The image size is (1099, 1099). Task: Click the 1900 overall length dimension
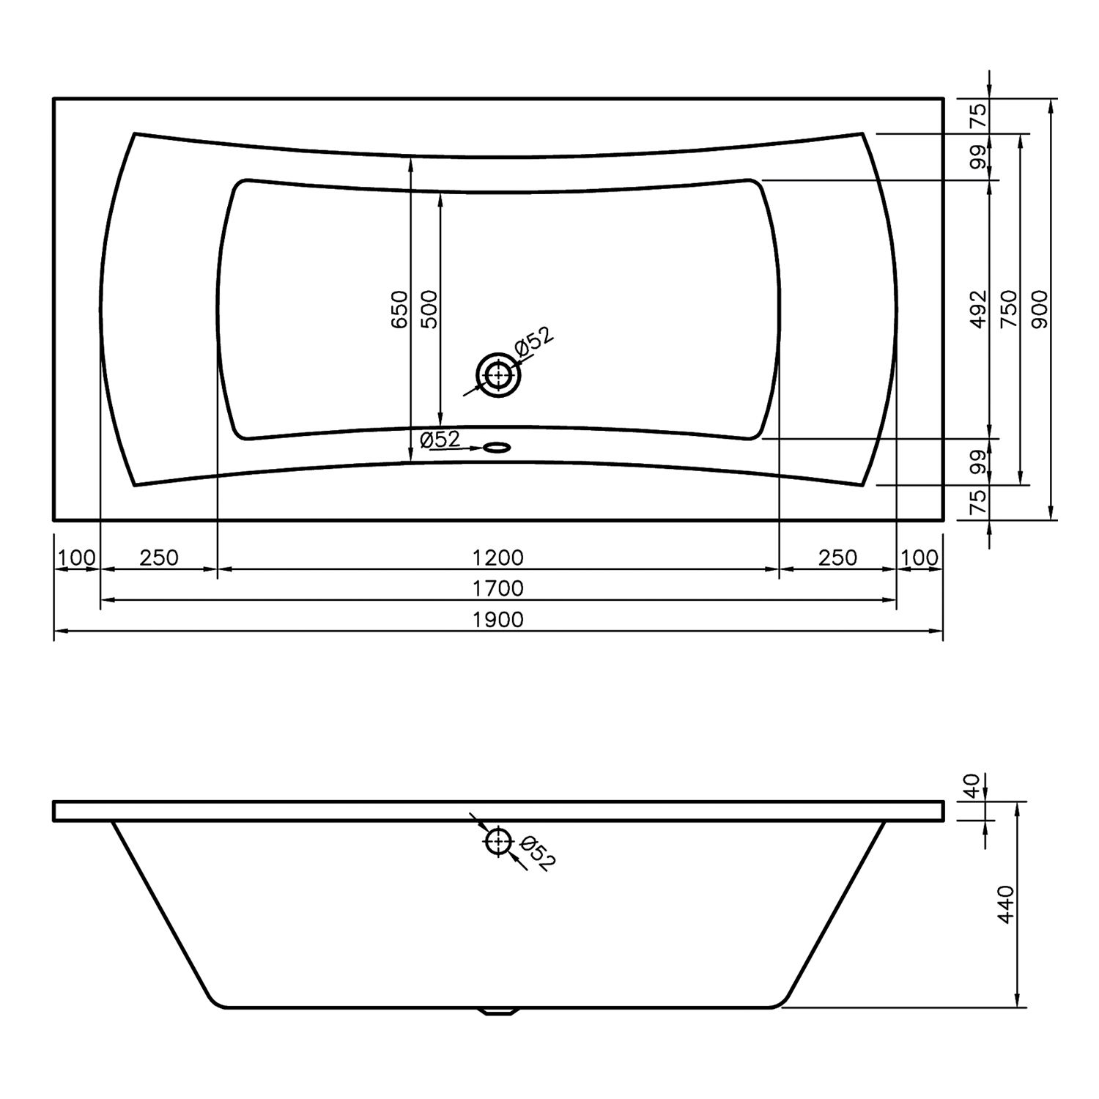coord(498,620)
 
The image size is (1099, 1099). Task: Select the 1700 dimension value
coord(498,589)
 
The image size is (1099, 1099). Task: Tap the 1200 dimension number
coord(498,558)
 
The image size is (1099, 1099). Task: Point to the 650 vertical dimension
coord(399,309)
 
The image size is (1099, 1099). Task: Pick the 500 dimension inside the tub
coord(429,309)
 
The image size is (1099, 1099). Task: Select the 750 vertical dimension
coord(1010,309)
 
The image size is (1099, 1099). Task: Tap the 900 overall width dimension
coord(1040,309)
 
